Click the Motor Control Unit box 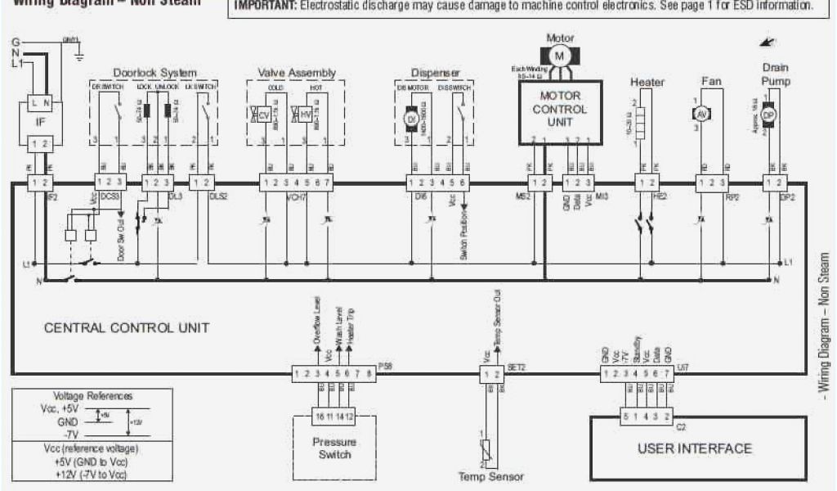(560, 110)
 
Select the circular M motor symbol (560, 55)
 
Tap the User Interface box (693, 448)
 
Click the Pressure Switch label (334, 448)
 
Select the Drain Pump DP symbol (768, 115)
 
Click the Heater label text (647, 82)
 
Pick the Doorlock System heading (154, 73)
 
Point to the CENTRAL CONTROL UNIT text (126, 328)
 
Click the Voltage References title (92, 395)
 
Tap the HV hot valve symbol (304, 115)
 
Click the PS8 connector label (387, 367)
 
